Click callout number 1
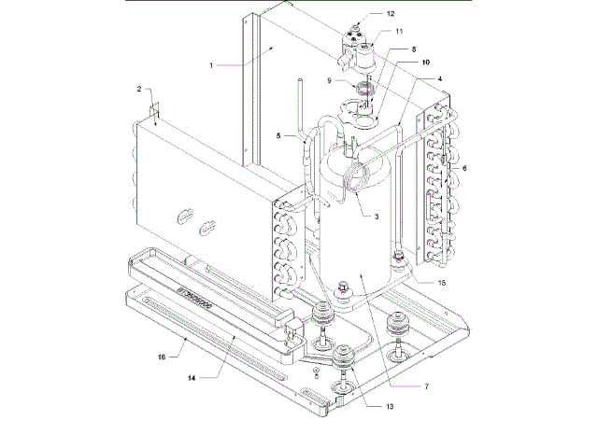pyautogui.click(x=213, y=64)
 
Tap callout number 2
pyautogui.click(x=138, y=90)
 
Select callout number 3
pyautogui.click(x=376, y=217)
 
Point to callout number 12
pyautogui.click(x=391, y=14)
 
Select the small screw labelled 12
pyautogui.click(x=359, y=17)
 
